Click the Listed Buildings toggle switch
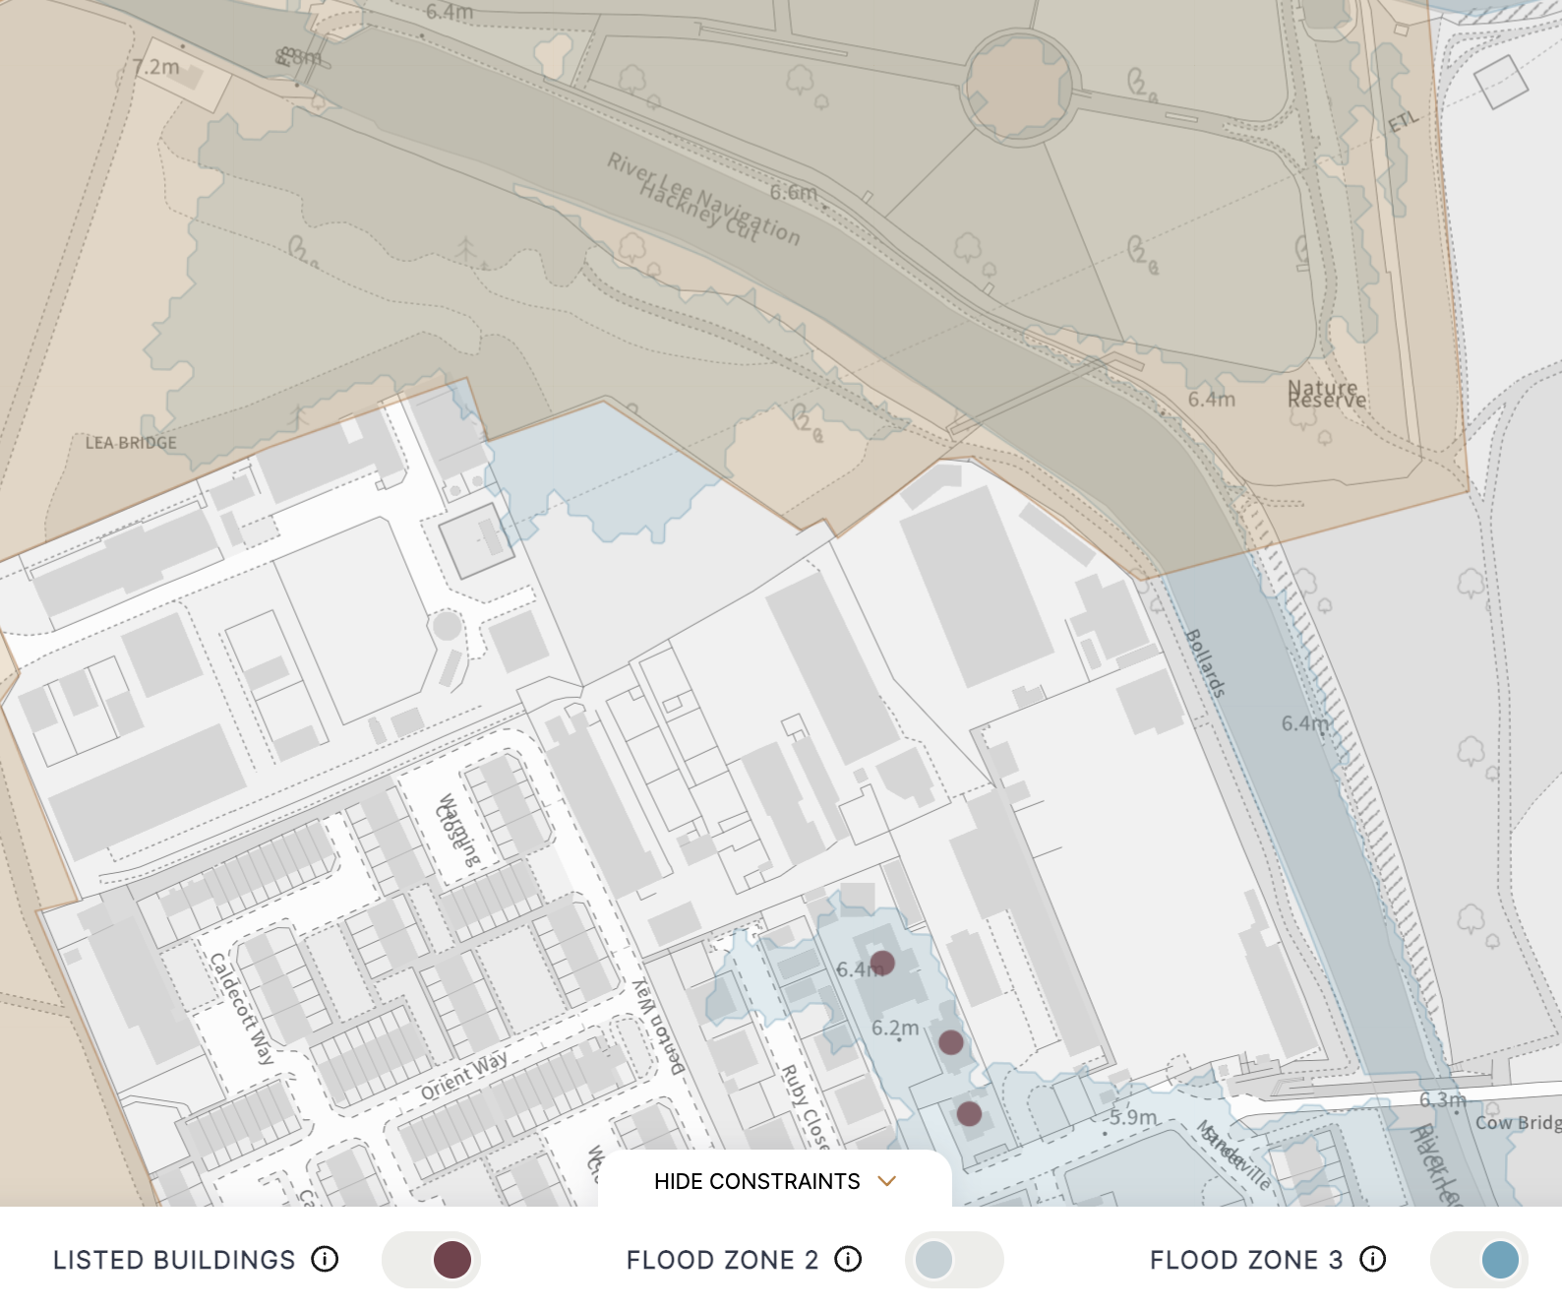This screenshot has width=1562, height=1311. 431,1260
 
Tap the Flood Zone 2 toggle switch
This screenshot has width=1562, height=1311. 953,1260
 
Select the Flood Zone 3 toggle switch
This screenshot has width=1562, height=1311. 1478,1260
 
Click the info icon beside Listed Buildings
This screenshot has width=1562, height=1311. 325,1259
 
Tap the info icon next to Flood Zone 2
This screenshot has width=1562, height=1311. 848,1259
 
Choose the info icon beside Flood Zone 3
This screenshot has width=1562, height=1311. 1373,1259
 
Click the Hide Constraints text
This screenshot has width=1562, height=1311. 756,1181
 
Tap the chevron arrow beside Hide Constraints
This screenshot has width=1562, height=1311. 887,1181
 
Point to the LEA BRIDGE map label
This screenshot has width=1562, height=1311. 131,443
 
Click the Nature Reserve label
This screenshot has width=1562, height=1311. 1327,395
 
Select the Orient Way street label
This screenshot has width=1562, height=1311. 464,1075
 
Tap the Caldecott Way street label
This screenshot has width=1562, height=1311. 242,1009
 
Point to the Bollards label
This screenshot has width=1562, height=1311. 1206,663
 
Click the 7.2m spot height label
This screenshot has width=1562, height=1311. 156,67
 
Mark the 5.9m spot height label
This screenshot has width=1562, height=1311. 1133,1117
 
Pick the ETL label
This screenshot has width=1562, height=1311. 1404,121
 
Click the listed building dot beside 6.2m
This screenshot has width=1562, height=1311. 951,1042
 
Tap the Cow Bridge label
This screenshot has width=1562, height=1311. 1518,1123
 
